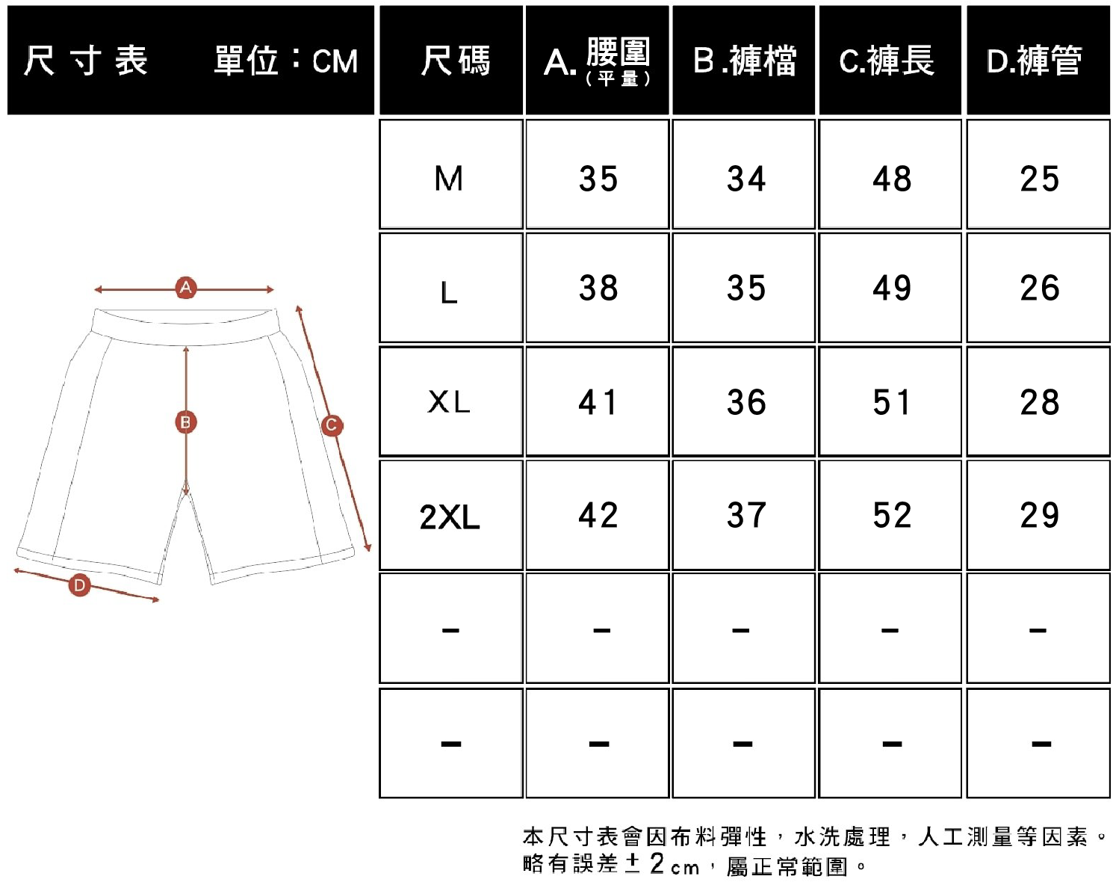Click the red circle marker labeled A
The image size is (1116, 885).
pyautogui.click(x=186, y=288)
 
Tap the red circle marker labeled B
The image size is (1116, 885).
pyautogui.click(x=186, y=422)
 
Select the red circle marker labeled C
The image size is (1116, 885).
pyautogui.click(x=332, y=425)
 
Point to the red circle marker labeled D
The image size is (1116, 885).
pyautogui.click(x=79, y=585)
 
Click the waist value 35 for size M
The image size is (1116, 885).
pyautogui.click(x=598, y=179)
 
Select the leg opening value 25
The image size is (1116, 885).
pyautogui.click(x=1039, y=179)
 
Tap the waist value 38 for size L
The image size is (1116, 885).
pyautogui.click(x=598, y=288)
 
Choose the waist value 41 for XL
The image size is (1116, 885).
pyautogui.click(x=598, y=402)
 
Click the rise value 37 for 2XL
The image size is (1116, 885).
pyautogui.click(x=746, y=515)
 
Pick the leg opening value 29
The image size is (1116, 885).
pyautogui.click(x=1039, y=515)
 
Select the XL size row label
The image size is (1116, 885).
pyautogui.click(x=449, y=402)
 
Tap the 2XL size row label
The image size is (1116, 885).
pyautogui.click(x=450, y=516)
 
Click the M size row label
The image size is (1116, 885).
pyautogui.click(x=449, y=179)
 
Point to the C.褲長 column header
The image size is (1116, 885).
pyautogui.click(x=887, y=61)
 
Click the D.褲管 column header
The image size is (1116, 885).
pyautogui.click(x=1035, y=61)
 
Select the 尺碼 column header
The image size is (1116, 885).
pyautogui.click(x=456, y=61)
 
